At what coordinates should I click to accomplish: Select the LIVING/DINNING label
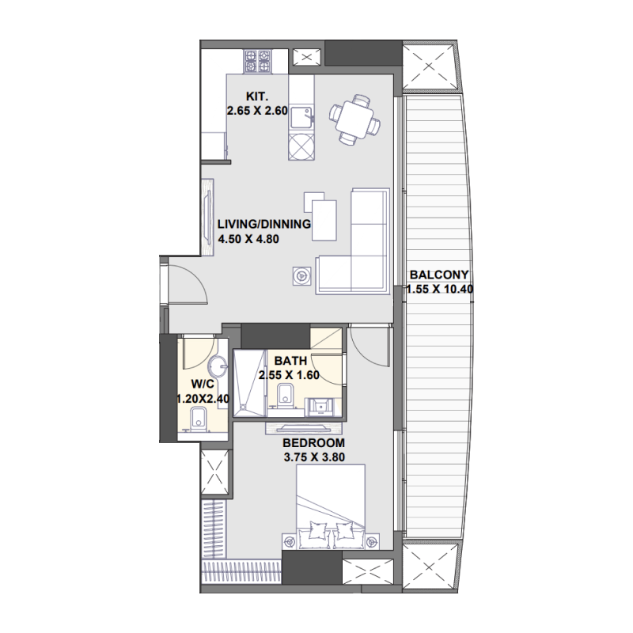coord(264,223)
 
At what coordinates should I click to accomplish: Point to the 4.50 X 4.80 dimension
coord(250,237)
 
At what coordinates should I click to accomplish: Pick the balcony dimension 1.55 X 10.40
coord(439,289)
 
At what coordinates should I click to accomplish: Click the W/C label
coord(193,386)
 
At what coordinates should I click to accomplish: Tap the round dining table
coord(354,119)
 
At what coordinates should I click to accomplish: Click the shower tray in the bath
coord(248,383)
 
